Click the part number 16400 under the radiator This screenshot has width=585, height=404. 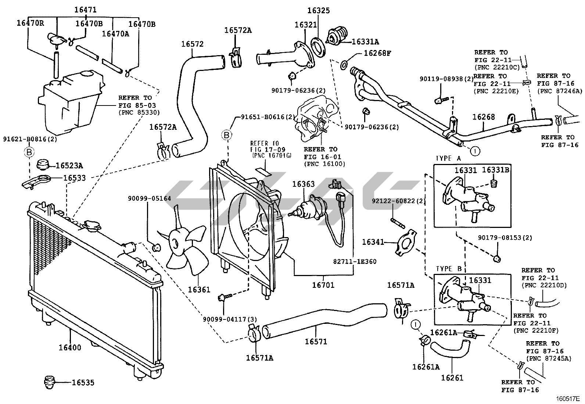(x=70, y=347)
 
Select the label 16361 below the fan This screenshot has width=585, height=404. (x=199, y=289)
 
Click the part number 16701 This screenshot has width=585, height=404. (x=323, y=285)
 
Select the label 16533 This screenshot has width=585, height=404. (x=74, y=178)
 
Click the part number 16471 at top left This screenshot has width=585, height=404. (x=85, y=10)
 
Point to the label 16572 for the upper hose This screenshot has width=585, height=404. (x=192, y=44)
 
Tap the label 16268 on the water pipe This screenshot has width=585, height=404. (x=484, y=117)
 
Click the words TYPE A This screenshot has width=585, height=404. (x=448, y=158)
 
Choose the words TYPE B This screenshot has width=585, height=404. (x=448, y=269)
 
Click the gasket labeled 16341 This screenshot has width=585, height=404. (x=405, y=243)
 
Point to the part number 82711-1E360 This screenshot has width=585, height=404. (x=355, y=262)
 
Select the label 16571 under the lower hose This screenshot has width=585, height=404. (x=316, y=342)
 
